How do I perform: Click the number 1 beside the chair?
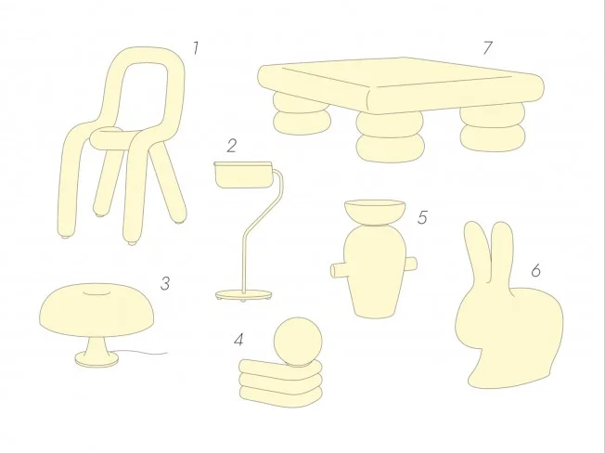click(196, 48)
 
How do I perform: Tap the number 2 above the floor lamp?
click(231, 146)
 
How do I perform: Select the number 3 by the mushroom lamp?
click(165, 284)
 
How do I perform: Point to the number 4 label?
click(238, 340)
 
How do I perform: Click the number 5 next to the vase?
click(422, 217)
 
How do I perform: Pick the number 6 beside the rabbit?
click(535, 270)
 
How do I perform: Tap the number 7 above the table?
click(488, 48)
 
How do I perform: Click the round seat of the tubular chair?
click(110, 138)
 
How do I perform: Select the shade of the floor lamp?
click(243, 175)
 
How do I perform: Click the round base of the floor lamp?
click(243, 295)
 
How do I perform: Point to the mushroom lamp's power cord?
click(142, 353)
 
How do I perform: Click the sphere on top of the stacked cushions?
click(298, 342)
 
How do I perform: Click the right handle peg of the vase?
click(410, 264)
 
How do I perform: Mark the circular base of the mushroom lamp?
click(97, 359)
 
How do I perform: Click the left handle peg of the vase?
click(339, 270)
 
